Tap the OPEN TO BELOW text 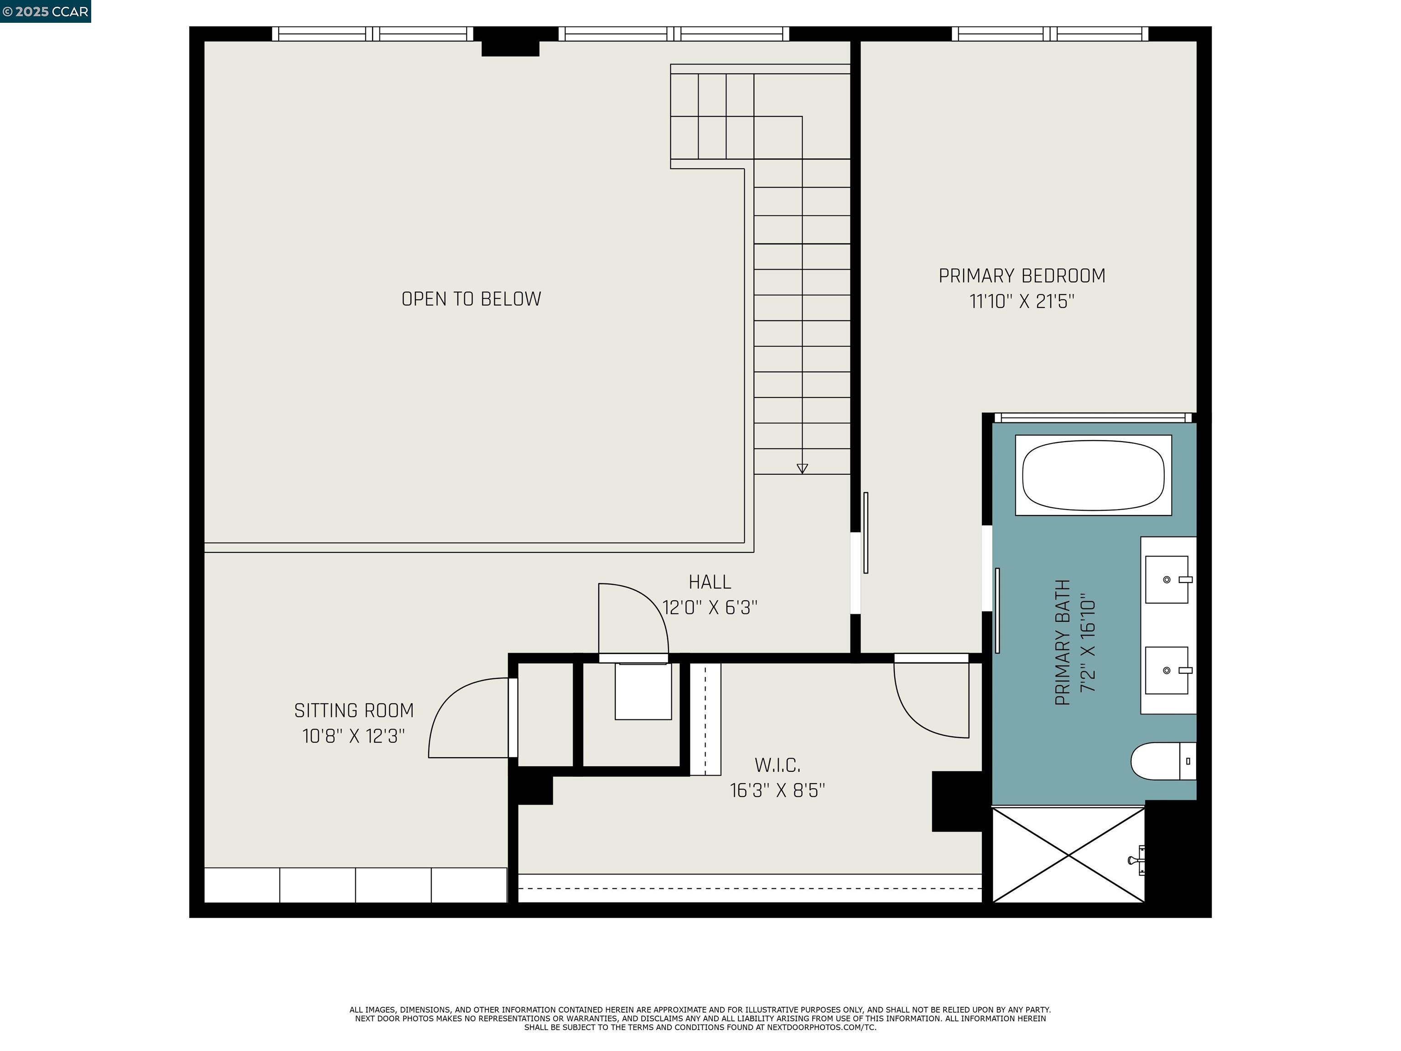471,299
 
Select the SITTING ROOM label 353,710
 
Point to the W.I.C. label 777,765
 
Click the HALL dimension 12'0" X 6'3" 710,608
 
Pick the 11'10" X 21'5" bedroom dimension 1022,302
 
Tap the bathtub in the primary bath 1093,475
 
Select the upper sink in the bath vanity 1167,580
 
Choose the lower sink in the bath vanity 1167,670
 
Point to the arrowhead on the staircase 802,469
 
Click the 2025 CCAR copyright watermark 45,11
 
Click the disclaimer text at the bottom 700,1019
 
